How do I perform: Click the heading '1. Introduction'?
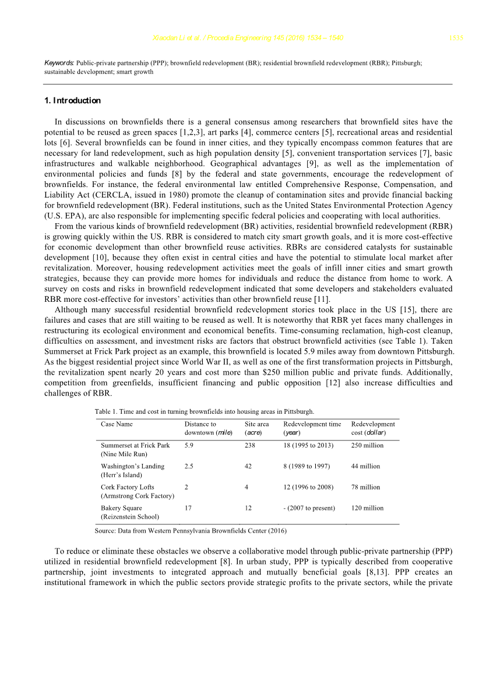coord(72,101)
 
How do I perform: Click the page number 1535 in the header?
coord(456,38)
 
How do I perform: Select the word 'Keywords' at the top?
coord(59,62)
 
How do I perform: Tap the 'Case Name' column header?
coord(117,424)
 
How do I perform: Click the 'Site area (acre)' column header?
coord(257,428)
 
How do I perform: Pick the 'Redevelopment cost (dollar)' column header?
coord(373,428)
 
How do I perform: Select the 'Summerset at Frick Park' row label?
coord(135,445)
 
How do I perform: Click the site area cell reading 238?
coord(251,445)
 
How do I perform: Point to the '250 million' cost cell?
coord(368,445)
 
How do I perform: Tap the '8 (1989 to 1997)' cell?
coord(307,466)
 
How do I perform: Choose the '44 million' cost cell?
coord(365,466)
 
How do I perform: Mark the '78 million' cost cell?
coord(365,487)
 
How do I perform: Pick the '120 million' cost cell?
coord(368,508)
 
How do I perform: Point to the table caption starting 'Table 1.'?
coord(204,411)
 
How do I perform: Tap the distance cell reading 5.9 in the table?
coord(189,445)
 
